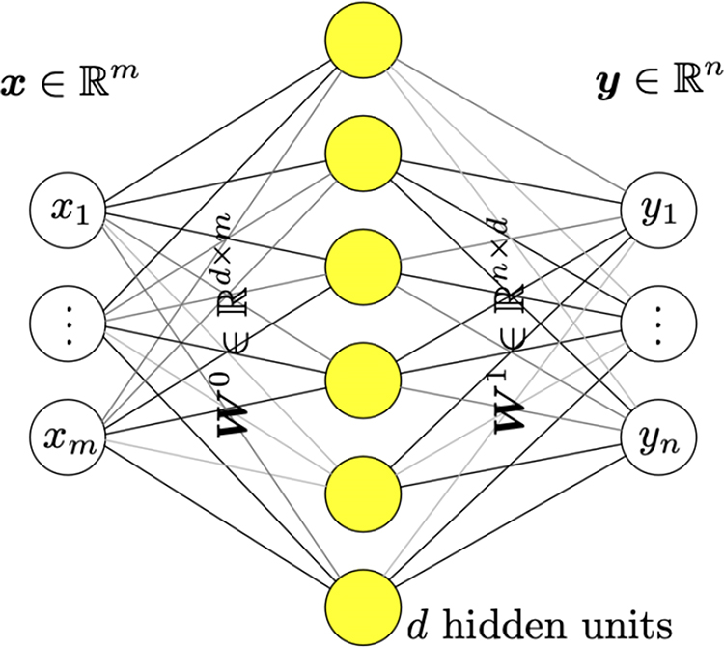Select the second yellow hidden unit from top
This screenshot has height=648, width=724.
[363, 154]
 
